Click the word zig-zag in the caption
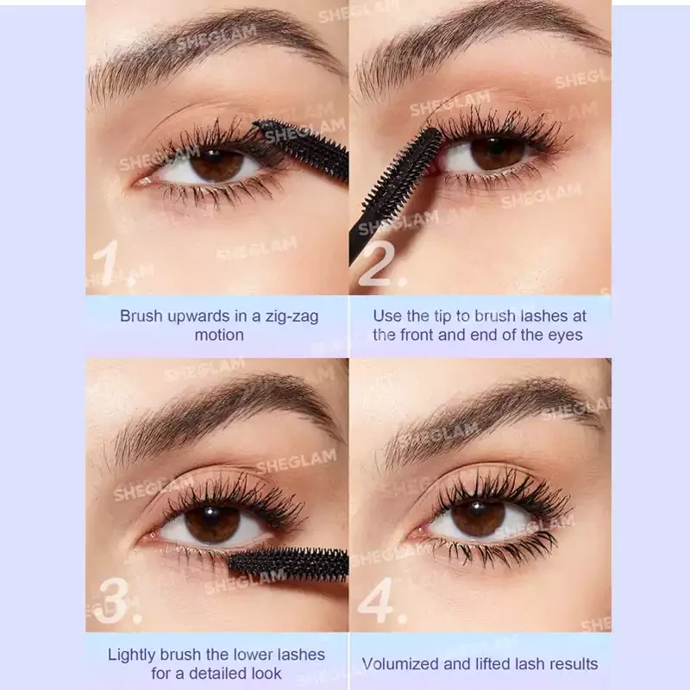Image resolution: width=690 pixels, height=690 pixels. tap(292, 317)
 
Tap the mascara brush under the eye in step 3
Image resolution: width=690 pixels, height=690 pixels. tap(288, 563)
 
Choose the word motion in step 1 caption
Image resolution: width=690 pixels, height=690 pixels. tap(219, 336)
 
